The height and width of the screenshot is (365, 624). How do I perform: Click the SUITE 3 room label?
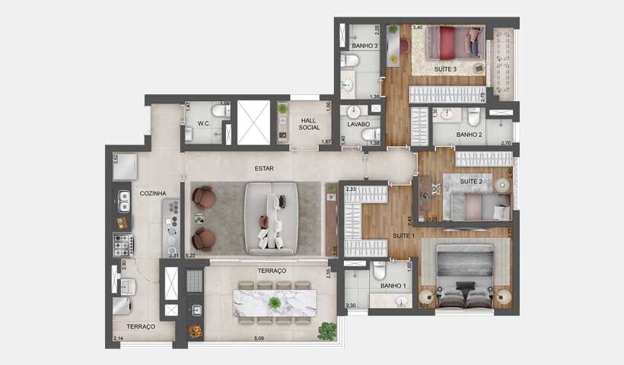click(445, 69)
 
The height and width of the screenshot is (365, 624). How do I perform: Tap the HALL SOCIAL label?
click(310, 124)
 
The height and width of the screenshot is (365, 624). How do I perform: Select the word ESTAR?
click(264, 168)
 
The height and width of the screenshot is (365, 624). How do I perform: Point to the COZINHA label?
click(153, 194)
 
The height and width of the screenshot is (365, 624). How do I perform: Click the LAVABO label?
click(358, 123)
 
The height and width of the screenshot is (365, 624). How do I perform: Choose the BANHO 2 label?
click(470, 135)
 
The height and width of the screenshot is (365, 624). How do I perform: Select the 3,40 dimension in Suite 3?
click(418, 28)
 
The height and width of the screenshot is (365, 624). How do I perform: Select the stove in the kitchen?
click(123, 243)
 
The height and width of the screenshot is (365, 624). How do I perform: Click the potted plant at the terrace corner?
click(327, 330)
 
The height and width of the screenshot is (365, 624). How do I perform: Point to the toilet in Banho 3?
click(349, 61)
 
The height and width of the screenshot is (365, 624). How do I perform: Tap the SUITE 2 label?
click(471, 182)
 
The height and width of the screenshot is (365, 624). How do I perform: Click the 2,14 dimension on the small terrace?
click(118, 338)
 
